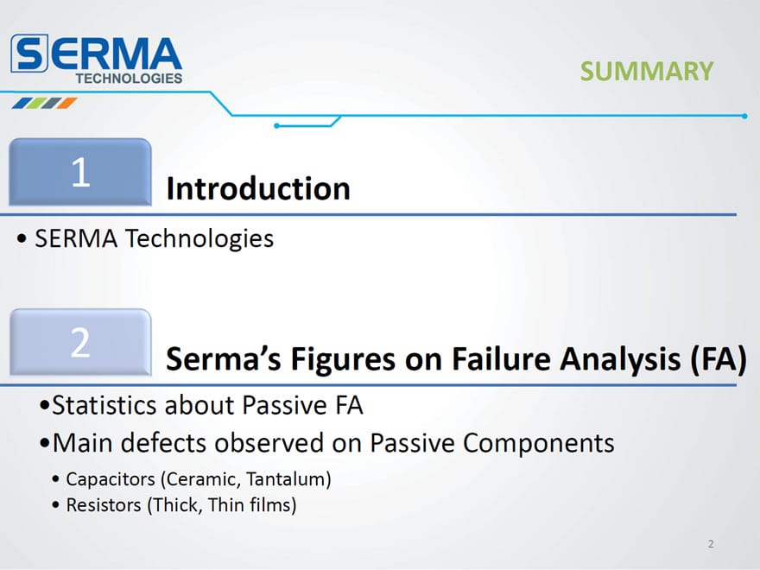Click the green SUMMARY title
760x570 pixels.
647,71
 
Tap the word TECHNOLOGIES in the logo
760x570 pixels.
129,78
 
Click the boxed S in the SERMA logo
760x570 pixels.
29,54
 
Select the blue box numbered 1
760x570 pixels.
80,172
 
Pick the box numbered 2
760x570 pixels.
80,342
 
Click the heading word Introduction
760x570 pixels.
258,188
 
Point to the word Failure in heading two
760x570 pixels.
501,359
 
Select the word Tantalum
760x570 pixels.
288,478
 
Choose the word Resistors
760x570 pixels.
104,505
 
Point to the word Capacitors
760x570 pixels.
111,479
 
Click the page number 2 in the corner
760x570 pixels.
711,544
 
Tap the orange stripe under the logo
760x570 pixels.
67,103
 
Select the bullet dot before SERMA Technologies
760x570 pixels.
22,238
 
